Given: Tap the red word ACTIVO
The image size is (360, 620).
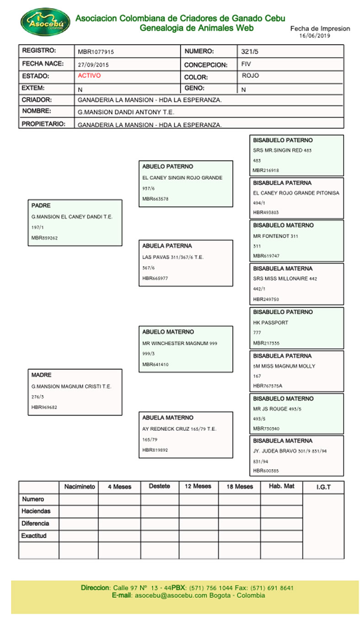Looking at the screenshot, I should coord(89,76).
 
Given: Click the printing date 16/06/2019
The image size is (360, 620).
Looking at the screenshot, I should coord(314,35).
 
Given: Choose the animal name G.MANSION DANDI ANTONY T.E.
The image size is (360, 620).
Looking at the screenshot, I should coord(126,112).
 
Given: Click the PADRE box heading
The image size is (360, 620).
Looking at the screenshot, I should coord(41,206).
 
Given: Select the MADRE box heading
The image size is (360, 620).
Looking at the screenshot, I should coord(41,375).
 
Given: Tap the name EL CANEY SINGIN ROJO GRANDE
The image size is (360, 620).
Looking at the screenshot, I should coord(182,177).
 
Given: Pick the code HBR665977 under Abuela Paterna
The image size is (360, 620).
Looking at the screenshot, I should coord(155,278).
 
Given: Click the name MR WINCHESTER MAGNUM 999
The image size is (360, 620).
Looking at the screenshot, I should coord(180,343).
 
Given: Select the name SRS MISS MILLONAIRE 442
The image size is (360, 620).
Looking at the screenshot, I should coord(285,278).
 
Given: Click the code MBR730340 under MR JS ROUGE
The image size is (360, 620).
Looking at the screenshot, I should coord(266,429).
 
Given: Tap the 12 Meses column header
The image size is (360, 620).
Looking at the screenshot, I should coord(198,486).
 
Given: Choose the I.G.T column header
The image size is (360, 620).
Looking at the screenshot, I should coord(323,487).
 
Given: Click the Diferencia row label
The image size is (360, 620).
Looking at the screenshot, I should coord(35,524).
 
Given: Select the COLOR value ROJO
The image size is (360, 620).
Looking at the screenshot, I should coord(250,76).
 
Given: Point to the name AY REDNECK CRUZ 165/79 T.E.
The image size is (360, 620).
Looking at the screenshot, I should coord(179,429).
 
